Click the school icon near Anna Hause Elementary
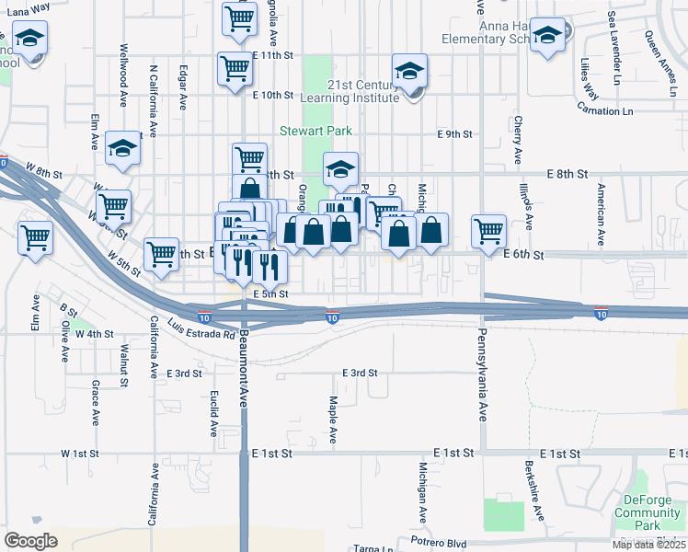[x=548, y=37]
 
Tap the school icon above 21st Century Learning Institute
[x=410, y=70]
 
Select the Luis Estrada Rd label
[x=202, y=328]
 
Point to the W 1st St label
[x=79, y=454]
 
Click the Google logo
[x=30, y=540]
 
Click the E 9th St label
[x=454, y=134]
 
